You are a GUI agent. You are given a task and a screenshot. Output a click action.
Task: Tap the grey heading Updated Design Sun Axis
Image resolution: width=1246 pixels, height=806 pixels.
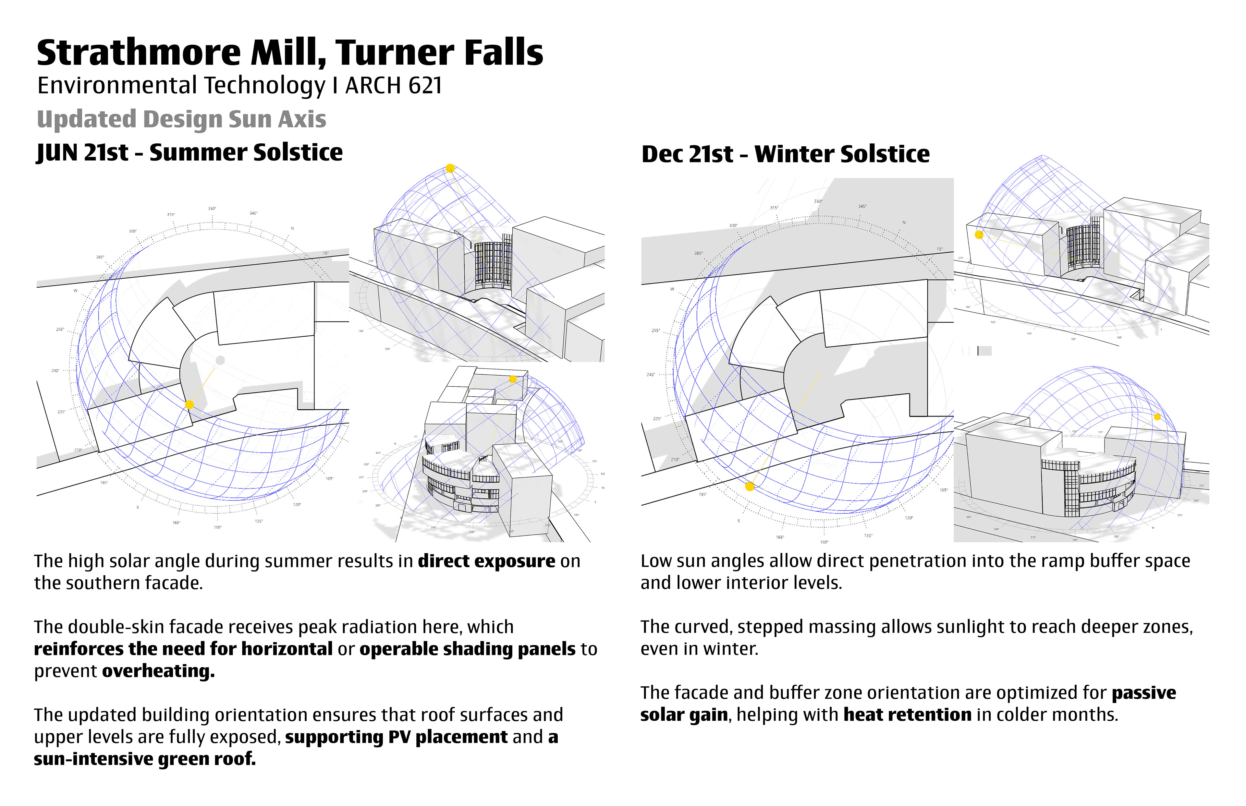tap(181, 119)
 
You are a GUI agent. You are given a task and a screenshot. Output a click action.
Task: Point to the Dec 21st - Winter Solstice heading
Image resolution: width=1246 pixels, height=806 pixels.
tap(785, 154)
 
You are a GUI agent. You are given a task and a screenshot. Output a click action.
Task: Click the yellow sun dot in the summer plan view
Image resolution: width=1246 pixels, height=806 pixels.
tap(189, 404)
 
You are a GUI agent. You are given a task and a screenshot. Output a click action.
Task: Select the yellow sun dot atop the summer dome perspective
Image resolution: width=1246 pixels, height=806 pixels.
tap(450, 168)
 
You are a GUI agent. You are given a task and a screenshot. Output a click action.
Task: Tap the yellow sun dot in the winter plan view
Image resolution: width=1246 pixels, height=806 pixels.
tap(750, 487)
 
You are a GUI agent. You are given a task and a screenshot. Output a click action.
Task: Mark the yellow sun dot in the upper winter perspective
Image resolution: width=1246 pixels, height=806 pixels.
tap(979, 235)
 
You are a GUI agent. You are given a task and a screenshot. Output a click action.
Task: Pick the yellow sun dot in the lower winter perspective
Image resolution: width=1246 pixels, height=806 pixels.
tap(1157, 417)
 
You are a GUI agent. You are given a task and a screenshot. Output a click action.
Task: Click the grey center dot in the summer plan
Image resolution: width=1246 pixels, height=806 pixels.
tap(220, 360)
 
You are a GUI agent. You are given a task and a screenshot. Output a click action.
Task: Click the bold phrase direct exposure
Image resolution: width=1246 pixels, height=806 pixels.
tap(486, 561)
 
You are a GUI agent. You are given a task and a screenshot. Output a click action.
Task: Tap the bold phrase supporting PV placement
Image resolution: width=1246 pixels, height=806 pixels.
tap(396, 737)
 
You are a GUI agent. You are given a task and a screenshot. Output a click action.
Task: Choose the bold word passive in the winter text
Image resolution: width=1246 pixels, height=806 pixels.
tap(1144, 693)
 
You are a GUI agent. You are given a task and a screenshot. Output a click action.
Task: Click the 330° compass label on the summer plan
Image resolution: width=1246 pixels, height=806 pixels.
tap(212, 208)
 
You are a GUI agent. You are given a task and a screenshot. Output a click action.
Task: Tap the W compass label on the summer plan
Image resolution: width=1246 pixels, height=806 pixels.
tap(75, 291)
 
